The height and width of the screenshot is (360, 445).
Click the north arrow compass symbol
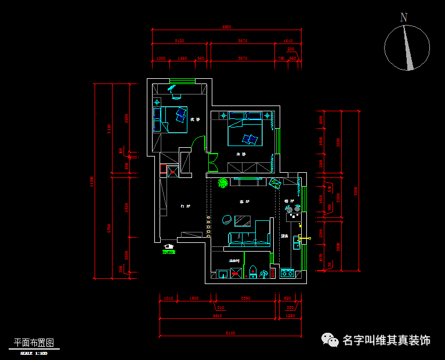[x=407, y=48]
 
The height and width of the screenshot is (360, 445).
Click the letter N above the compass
[x=404, y=17]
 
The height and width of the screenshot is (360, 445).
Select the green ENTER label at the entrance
[x=169, y=251]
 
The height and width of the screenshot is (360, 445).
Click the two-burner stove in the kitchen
[x=287, y=272]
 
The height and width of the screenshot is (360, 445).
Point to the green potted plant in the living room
[x=222, y=183]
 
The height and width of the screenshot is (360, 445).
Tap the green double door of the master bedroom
[x=212, y=163]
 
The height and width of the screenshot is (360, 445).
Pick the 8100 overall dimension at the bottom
[x=230, y=333]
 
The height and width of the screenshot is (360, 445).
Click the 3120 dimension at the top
[x=179, y=41]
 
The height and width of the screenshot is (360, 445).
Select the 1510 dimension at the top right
[x=288, y=41]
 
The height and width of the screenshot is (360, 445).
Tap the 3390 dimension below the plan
[x=244, y=298]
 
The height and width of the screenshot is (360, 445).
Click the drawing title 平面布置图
[x=34, y=343]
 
